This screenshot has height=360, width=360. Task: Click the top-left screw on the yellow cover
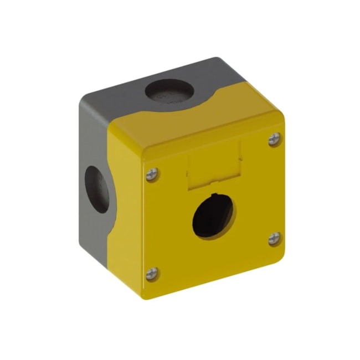tap(152, 174)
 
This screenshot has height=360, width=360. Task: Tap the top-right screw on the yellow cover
tap(274, 140)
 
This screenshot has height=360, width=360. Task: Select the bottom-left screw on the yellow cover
tap(152, 273)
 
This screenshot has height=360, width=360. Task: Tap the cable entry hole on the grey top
tap(166, 90)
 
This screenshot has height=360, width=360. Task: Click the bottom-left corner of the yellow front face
tap(146, 296)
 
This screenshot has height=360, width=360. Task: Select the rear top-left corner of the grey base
tap(83, 95)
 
